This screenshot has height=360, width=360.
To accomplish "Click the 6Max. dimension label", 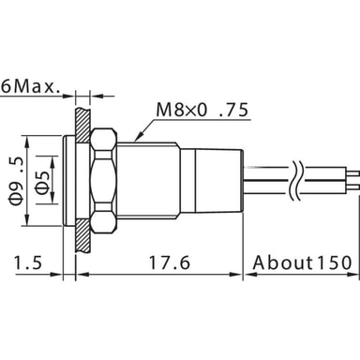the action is pos(30,87).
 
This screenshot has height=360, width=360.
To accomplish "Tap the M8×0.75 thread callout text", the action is pos(202,110).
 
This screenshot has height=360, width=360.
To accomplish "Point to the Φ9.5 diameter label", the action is pos(16,181).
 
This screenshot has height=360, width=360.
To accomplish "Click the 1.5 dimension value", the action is pos(28,262).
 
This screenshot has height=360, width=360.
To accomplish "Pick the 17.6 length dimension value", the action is pos(169,262).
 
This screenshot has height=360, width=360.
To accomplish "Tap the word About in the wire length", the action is pos(283,262).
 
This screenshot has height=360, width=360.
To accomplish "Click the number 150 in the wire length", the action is pos(335,262).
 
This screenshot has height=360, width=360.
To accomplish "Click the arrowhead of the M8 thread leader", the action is pos(140,136).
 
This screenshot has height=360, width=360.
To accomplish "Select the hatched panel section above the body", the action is pos(82,125).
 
